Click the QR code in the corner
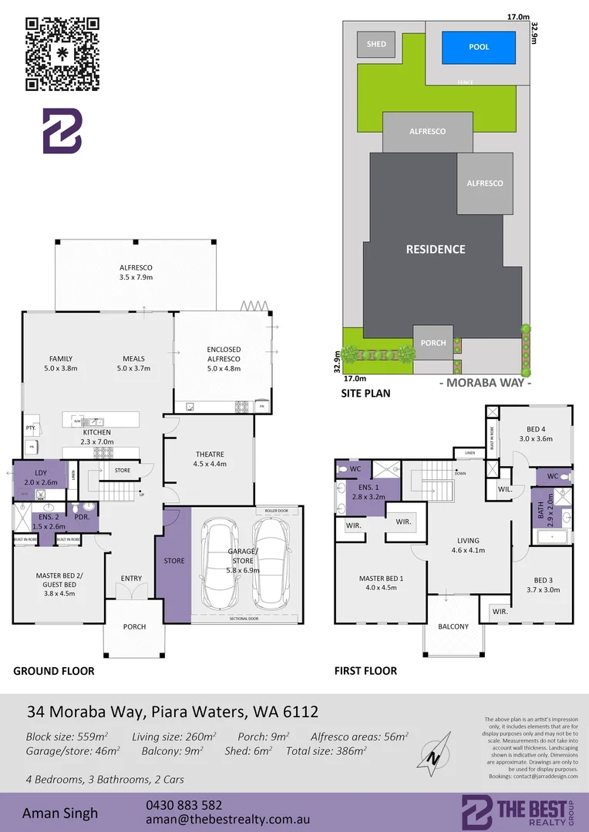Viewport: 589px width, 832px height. click(x=62, y=54)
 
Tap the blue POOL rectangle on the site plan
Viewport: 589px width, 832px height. click(x=479, y=47)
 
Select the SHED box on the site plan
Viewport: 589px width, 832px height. click(x=376, y=45)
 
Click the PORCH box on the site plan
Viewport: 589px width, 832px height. click(x=433, y=342)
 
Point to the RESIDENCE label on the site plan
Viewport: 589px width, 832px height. click(x=436, y=249)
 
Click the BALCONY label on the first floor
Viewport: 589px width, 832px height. click(x=453, y=626)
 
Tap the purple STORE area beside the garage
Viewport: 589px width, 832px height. click(x=174, y=562)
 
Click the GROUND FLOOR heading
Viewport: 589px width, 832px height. click(x=54, y=671)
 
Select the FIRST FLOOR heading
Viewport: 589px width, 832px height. click(x=365, y=671)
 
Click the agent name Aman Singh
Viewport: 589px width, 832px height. click(x=60, y=813)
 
